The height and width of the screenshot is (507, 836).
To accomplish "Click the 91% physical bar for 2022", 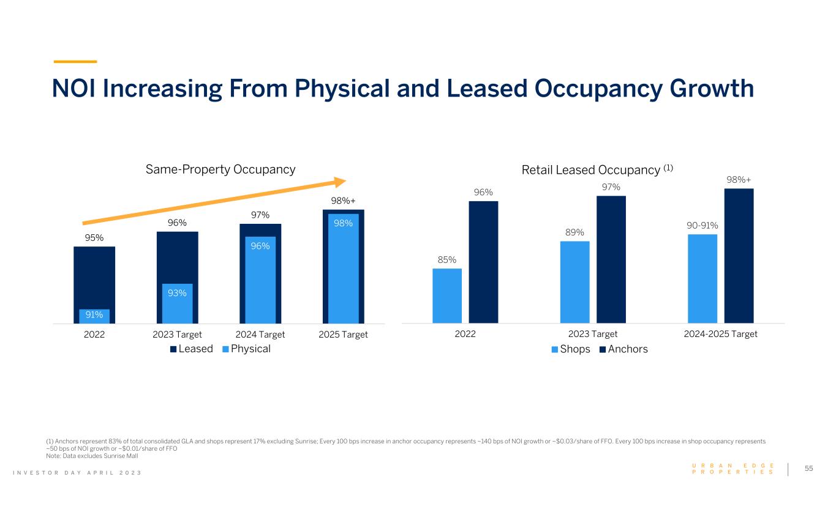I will (x=94, y=316).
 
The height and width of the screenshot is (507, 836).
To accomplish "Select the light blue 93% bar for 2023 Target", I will (x=177, y=303).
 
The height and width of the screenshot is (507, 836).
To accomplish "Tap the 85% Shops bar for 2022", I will (x=447, y=295).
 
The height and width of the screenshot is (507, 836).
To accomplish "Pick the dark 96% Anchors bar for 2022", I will (x=483, y=262).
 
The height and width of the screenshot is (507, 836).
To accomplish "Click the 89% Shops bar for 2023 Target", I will (x=574, y=282).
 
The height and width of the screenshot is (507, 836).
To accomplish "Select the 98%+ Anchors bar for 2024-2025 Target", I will (x=739, y=256).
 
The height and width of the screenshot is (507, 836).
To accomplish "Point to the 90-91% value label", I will (x=702, y=226).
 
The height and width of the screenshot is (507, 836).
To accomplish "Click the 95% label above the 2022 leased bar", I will (x=94, y=239).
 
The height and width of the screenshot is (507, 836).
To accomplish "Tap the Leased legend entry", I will (x=191, y=349).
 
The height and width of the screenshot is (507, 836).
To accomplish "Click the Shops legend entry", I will (x=571, y=349).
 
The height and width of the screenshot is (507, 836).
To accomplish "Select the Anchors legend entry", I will (x=623, y=349).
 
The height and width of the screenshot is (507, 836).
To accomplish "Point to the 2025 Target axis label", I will (x=344, y=334).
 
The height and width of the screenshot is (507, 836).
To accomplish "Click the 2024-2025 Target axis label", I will (x=720, y=334).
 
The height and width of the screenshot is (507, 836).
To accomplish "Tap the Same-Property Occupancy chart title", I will (x=220, y=169).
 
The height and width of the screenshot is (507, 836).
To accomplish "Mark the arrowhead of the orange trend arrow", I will (x=340, y=181).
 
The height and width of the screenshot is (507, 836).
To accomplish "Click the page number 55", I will (x=809, y=468).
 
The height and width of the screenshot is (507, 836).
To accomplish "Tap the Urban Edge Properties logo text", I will (x=732, y=468).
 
